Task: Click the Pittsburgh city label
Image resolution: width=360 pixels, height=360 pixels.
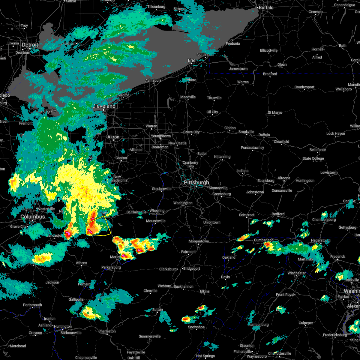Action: coord(196,183)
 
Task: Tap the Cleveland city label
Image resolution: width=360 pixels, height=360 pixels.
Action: coord(104,106)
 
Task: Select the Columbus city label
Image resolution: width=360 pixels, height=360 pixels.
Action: coord(32,217)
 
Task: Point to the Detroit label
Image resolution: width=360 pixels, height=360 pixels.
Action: coord(30,45)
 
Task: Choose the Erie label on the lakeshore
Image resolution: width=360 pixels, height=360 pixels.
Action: coord(191,60)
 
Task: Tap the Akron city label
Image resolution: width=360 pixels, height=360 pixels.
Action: coord(113,137)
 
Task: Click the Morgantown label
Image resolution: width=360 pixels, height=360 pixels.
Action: coord(199,241)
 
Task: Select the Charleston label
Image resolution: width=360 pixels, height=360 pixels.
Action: coord(107,331)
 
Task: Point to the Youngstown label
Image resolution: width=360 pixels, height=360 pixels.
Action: coord(161,136)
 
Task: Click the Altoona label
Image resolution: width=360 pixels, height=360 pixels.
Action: coord(284,178)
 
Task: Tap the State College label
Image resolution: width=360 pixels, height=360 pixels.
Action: coord(313,158)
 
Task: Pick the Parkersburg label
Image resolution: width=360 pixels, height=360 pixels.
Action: coord(111,267)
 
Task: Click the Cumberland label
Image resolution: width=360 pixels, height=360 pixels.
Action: coord(264,240)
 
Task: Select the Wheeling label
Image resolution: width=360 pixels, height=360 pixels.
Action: coord(157,211)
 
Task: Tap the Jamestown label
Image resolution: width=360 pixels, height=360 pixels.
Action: coord(238,69)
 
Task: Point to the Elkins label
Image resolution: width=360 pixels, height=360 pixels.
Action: coord(205,291)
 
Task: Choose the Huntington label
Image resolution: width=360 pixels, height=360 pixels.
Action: coord(63,327)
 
